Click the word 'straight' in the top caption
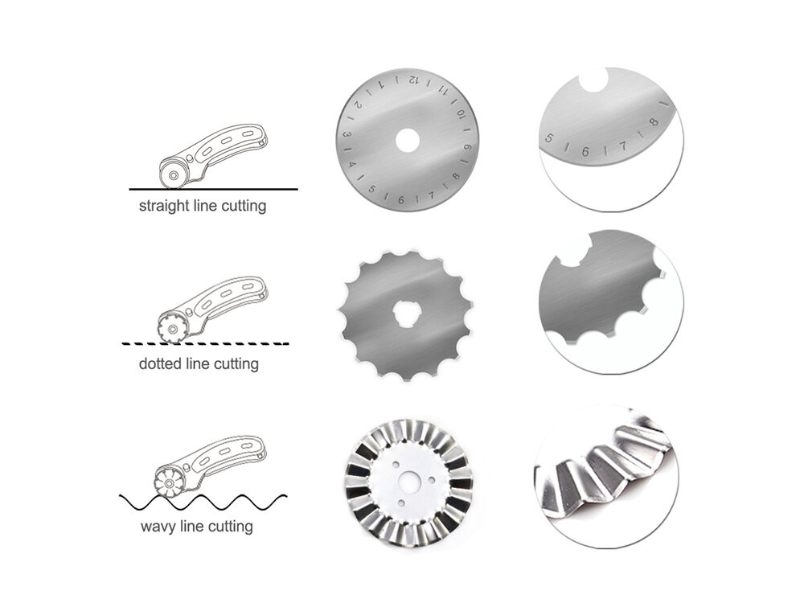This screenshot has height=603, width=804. [x=164, y=206]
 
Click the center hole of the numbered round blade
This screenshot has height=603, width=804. [x=408, y=139]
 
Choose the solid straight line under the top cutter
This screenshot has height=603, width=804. [x=213, y=189]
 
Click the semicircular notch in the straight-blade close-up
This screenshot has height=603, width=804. [x=595, y=80]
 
